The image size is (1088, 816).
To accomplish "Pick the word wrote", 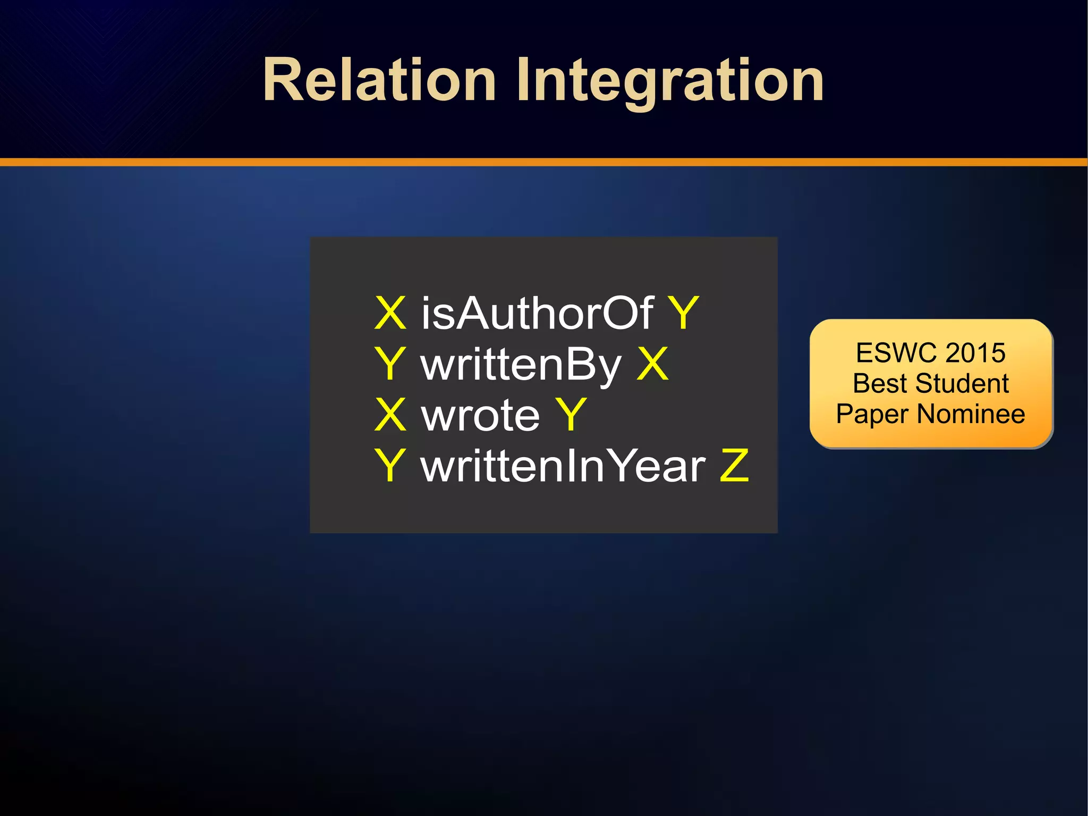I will click(480, 415).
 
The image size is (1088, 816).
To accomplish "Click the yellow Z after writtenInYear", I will click(734, 466).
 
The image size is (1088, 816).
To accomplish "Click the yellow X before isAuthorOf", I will click(390, 314).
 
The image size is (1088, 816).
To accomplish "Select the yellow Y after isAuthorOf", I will click(683, 314).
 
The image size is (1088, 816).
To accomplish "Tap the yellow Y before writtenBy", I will click(390, 364).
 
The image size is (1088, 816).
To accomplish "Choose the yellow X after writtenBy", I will click(652, 364).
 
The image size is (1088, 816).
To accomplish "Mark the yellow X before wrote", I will click(390, 415).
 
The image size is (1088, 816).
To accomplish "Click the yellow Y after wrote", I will click(571, 415).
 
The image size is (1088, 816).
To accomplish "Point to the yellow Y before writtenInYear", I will click(390, 466).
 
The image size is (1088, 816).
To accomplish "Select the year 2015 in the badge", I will click(975, 353).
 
